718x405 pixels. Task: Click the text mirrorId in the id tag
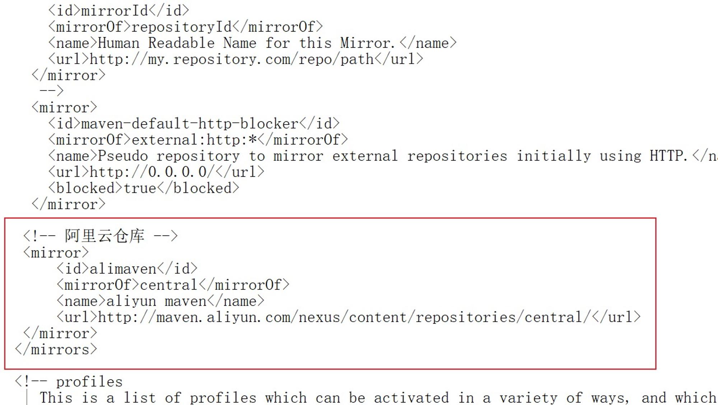coord(115,11)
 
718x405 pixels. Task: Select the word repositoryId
coord(182,27)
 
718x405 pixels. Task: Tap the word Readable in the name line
coord(181,43)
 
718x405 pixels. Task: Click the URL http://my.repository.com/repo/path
coord(232,59)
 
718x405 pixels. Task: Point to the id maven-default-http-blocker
coord(190,124)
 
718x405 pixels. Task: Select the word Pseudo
coord(123,156)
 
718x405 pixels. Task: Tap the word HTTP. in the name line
coord(668,156)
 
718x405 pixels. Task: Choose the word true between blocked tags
coord(140,188)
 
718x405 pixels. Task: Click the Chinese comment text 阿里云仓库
coord(105,236)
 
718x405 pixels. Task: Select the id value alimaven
coord(123,269)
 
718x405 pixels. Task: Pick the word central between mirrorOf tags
coord(169,285)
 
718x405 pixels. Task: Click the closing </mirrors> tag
coord(56,350)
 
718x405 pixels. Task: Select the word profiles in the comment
coord(89,382)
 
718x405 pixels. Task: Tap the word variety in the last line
coord(528,398)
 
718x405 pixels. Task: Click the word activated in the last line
coord(411,398)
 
